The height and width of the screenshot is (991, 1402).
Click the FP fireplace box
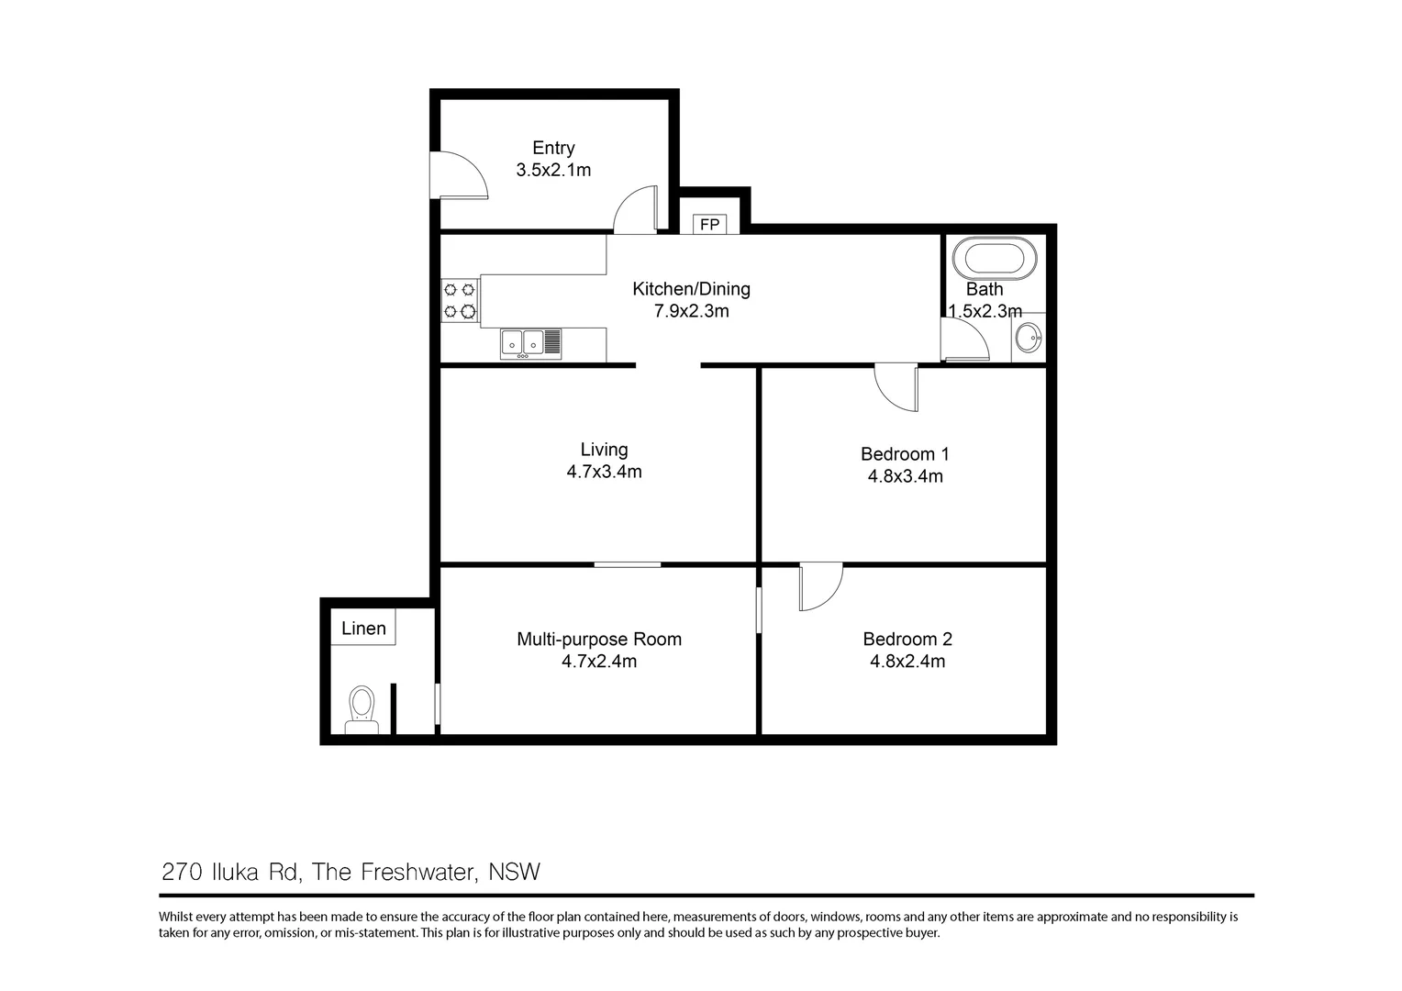pos(709,224)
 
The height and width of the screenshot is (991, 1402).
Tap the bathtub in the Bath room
pos(995,258)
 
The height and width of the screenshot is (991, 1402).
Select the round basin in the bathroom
pos(1028,338)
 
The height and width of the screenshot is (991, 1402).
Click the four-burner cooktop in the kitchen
pos(460,300)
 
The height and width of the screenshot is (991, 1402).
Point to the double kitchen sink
pos(530,344)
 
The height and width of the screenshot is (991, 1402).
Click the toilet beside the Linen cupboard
pos(362,709)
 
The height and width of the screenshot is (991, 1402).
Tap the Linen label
pos(363,628)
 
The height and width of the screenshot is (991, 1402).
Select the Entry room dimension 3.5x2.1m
pos(553,170)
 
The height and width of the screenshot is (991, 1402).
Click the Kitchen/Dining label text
pos(691,289)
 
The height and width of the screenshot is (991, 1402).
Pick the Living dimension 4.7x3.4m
pos(604,472)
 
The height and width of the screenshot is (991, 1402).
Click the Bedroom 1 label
pos(905,454)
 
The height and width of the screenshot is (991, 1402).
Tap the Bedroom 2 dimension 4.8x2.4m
pos(907,661)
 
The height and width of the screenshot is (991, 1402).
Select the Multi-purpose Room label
pos(599,640)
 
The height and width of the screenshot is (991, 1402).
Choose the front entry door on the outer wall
pos(458,175)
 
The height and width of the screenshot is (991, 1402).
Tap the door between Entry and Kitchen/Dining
pos(635,210)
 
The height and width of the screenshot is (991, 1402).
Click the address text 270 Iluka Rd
pos(229,872)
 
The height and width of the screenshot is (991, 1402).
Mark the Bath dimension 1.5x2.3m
pos(985,311)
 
